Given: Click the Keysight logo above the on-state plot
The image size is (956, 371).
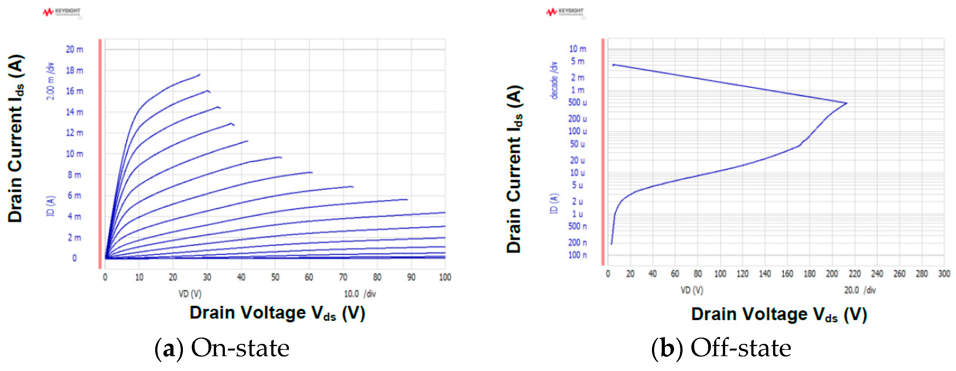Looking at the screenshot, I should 62,12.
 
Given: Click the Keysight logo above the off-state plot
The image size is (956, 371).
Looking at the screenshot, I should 565,12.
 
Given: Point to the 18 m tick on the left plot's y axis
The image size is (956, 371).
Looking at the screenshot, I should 75,71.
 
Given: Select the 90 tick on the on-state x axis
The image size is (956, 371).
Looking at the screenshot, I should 411,277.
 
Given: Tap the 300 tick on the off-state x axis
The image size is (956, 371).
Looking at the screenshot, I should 944,274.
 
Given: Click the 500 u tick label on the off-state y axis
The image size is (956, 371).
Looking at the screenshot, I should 577,102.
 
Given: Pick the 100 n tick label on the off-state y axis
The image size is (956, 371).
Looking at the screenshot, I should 577,255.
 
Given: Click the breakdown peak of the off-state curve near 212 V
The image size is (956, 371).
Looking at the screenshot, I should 847,103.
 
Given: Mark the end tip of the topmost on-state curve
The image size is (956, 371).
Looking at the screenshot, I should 200,75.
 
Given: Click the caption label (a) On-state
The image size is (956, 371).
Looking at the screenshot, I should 222,348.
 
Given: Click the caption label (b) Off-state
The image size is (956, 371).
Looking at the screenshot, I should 721,348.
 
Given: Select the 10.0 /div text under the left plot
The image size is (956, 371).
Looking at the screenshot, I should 360,294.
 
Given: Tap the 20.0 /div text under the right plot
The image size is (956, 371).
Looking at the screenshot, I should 859,290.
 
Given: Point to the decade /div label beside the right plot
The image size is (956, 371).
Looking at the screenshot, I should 554,80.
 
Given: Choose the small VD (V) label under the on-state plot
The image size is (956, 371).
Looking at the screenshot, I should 190,294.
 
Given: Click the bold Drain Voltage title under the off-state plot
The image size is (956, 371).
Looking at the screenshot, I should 779,314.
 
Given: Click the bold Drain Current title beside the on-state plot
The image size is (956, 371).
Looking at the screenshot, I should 15,138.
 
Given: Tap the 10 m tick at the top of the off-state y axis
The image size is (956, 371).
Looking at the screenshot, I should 577,49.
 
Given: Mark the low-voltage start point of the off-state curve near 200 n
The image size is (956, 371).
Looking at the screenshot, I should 611,243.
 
